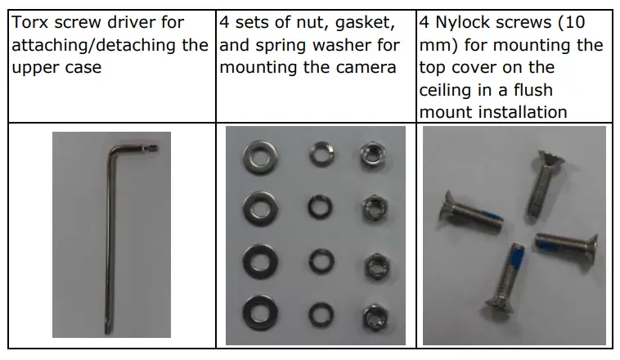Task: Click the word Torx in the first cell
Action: click(30, 22)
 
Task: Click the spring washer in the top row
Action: click(317, 153)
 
